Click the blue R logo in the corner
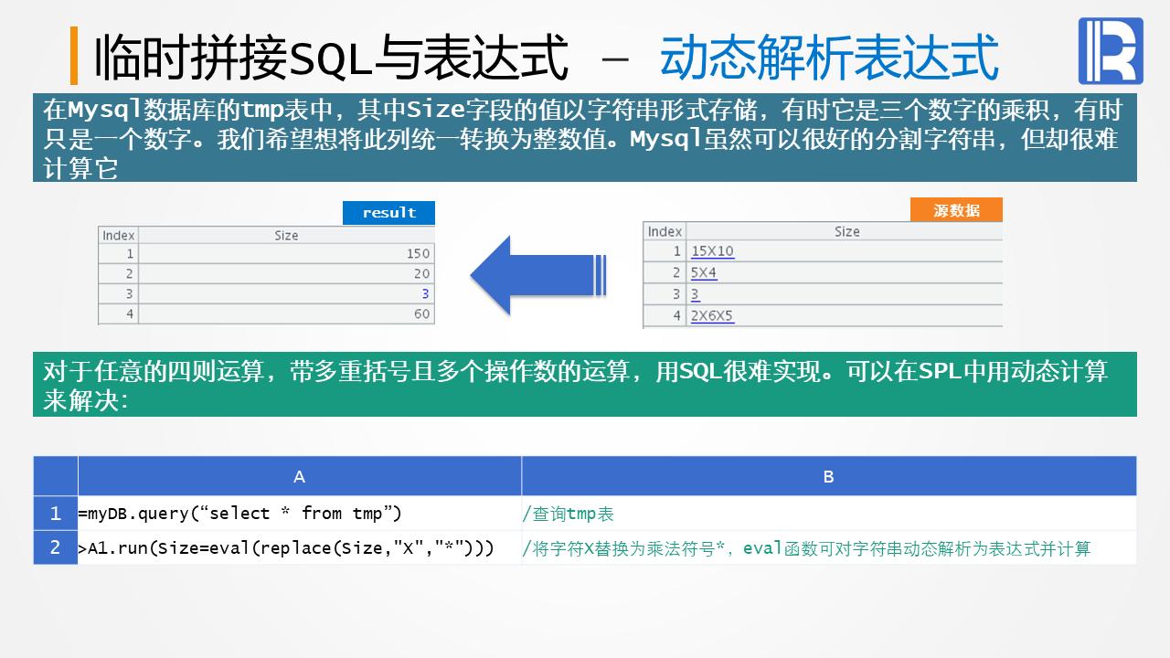1111,51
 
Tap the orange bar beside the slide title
74,56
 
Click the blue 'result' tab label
388,213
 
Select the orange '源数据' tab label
956,210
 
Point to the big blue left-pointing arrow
537,275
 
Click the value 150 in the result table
419,254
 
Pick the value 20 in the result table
421,274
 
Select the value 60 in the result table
421,314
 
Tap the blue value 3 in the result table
425,294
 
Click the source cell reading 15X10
712,251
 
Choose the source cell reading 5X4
704,273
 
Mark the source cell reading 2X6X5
712,316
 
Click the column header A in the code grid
299,476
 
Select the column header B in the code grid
828,476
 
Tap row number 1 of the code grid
56,514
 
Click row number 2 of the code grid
56,547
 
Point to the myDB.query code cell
239,514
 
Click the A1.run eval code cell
286,548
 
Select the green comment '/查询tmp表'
568,515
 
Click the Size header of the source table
846,232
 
